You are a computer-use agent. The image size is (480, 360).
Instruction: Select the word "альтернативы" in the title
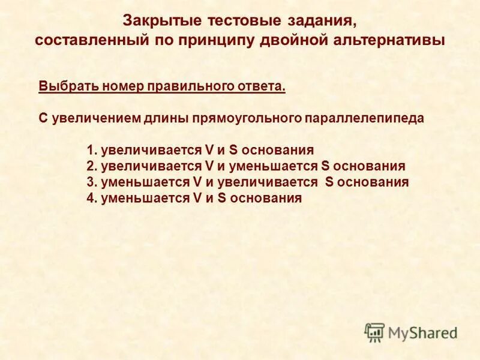coord(391,41)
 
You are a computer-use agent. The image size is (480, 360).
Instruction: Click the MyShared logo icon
coord(374,332)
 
